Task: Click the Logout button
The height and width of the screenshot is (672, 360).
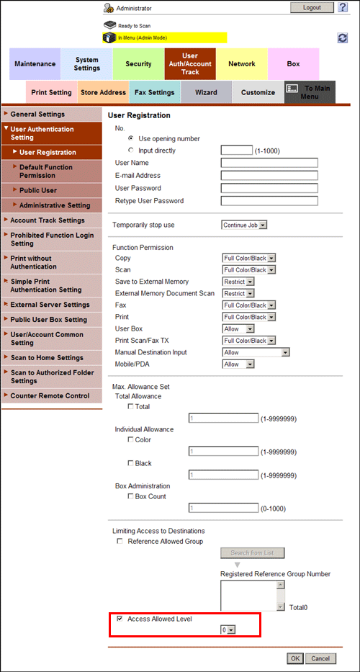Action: click(312, 7)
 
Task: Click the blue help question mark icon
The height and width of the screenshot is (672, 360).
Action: click(343, 7)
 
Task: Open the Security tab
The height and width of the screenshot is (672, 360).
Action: click(138, 64)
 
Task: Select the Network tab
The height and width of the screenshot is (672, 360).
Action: click(242, 64)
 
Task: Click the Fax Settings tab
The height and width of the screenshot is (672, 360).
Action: click(155, 92)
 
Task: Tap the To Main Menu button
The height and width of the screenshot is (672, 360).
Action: click(309, 92)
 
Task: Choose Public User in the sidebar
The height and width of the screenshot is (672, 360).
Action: click(38, 190)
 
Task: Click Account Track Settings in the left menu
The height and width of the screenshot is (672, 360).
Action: click(47, 220)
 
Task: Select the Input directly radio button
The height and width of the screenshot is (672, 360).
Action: click(130, 151)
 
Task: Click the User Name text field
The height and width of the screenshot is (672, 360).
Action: click(269, 163)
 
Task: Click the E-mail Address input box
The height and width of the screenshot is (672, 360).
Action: click(269, 176)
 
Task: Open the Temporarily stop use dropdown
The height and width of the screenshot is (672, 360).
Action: click(244, 225)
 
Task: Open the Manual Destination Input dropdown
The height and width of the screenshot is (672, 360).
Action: click(256, 352)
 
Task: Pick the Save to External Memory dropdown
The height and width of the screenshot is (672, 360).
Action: click(238, 282)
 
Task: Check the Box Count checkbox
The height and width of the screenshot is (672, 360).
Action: click(130, 496)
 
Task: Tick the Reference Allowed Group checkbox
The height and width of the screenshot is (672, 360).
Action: click(120, 541)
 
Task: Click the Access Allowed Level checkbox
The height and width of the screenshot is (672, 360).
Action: click(120, 619)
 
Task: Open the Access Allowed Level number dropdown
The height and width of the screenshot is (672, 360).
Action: click(228, 630)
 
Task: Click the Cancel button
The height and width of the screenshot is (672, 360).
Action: click(320, 658)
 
